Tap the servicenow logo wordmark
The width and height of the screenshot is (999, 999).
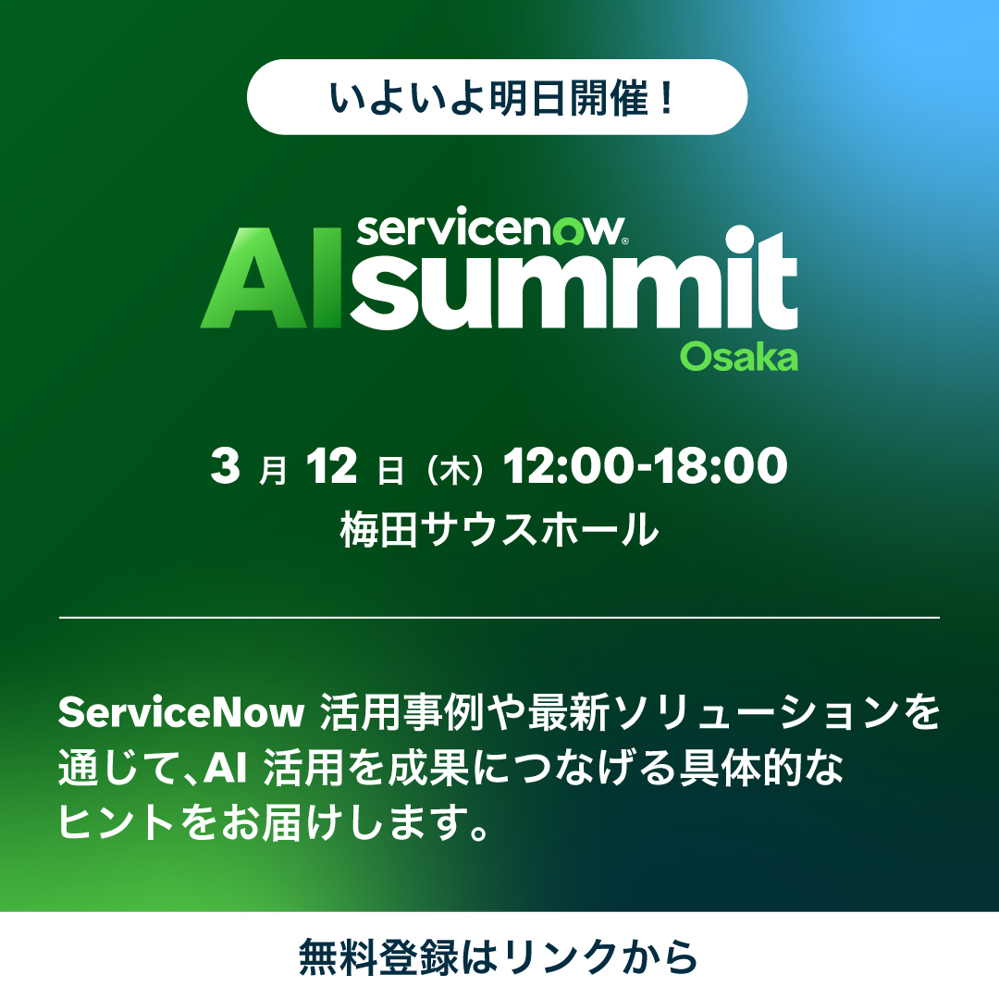490,228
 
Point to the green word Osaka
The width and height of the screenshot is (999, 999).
738,356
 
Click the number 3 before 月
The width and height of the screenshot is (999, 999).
225,468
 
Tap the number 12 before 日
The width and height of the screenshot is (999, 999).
334,468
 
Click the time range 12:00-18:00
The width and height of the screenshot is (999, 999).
645,468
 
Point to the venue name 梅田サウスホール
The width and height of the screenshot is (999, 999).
499,530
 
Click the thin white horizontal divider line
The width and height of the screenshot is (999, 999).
499,616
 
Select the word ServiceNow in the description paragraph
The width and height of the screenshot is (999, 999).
181,713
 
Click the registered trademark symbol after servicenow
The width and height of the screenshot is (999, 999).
627,239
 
